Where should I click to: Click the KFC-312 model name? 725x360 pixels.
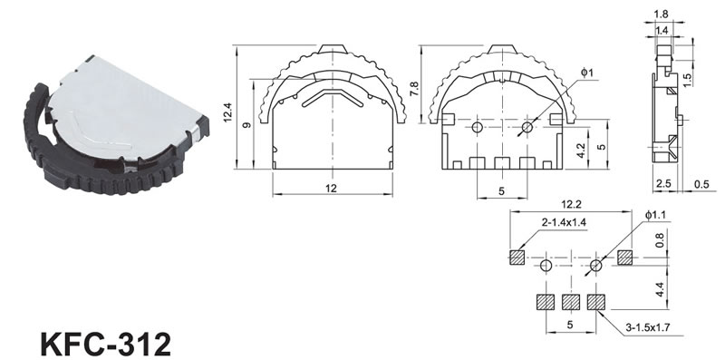[106, 344]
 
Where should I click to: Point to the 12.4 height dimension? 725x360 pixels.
[228, 112]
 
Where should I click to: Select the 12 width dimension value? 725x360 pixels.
[331, 189]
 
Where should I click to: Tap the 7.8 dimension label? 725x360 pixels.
[414, 89]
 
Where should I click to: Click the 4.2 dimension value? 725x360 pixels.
[582, 151]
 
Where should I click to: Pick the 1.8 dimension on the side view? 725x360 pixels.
[662, 15]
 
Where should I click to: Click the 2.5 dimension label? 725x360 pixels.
[663, 184]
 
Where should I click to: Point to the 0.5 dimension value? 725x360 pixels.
[701, 184]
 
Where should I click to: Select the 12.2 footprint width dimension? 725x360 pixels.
[571, 204]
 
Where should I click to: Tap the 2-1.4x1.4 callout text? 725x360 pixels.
[564, 222]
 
